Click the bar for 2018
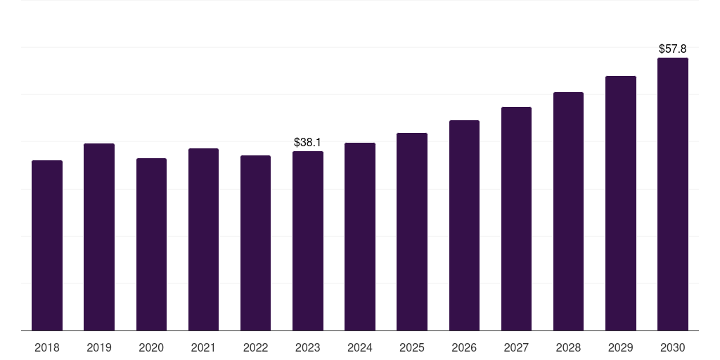click(47, 245)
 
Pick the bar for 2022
click(255, 243)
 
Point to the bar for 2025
click(412, 231)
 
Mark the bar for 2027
click(516, 219)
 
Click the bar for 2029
click(620, 203)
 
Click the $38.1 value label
click(308, 143)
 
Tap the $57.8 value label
click(673, 49)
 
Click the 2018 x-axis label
click(47, 347)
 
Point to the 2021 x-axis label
click(203, 347)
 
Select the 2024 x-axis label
click(360, 347)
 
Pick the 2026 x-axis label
click(464, 347)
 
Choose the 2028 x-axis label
click(568, 347)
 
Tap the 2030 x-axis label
click(673, 347)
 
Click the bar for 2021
click(203, 239)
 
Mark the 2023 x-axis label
click(308, 347)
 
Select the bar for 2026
click(464, 225)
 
